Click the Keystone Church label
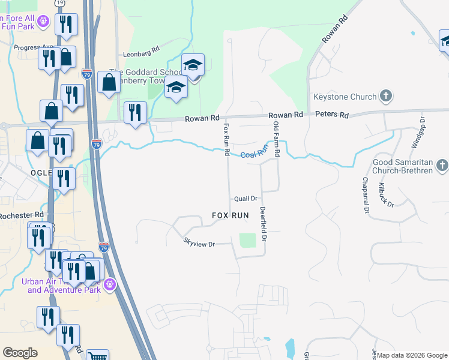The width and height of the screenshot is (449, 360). click(x=345, y=97)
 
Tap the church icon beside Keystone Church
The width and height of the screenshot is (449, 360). click(x=386, y=96)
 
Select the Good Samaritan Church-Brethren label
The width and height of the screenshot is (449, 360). click(x=402, y=167)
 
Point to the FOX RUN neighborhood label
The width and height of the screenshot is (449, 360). click(x=231, y=215)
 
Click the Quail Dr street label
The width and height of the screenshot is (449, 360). click(x=246, y=199)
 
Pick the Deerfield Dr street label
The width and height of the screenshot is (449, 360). click(x=263, y=224)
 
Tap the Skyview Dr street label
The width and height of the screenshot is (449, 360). click(x=199, y=243)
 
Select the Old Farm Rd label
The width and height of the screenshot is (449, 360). click(x=276, y=139)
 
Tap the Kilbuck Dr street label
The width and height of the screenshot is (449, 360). click(x=385, y=195)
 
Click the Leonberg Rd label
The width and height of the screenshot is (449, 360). click(x=141, y=53)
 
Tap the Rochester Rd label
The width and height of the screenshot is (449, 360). click(x=22, y=215)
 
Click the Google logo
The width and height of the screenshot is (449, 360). click(x=20, y=352)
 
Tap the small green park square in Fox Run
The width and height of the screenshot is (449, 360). click(x=248, y=240)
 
